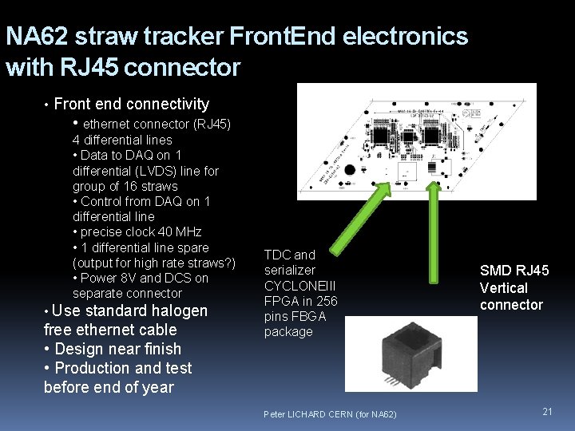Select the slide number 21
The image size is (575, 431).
click(547, 411)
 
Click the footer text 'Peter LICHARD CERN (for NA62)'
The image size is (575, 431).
click(330, 413)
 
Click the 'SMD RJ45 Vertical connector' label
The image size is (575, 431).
click(514, 287)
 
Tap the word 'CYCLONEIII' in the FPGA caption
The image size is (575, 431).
click(299, 286)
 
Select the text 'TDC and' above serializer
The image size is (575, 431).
click(289, 255)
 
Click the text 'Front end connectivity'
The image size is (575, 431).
click(131, 104)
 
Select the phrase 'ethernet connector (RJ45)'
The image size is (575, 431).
click(157, 124)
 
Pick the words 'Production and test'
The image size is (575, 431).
click(123, 368)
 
